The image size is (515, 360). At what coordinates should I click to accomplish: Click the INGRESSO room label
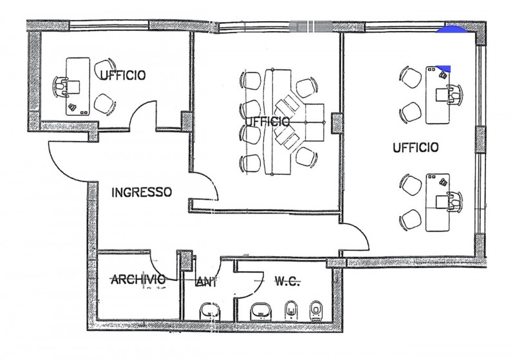142,192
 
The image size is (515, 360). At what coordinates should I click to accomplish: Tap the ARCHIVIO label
138,280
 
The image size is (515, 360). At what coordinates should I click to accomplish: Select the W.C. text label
287,281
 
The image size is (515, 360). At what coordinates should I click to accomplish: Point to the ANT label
206,282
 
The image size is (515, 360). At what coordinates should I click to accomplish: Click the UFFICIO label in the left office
122,75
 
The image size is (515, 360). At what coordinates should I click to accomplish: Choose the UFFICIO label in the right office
415,147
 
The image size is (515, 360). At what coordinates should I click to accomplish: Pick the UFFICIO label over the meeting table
268,122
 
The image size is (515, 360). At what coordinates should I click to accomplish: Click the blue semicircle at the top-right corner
451,30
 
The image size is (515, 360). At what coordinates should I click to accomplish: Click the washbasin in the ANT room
210,310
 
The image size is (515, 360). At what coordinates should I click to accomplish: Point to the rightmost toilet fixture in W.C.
315,310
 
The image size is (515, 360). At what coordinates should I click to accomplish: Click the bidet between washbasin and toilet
291,310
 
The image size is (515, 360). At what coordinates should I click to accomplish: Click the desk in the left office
78,87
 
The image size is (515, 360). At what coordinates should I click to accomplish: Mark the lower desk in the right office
438,202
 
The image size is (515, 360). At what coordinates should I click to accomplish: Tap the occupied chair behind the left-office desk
60,87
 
